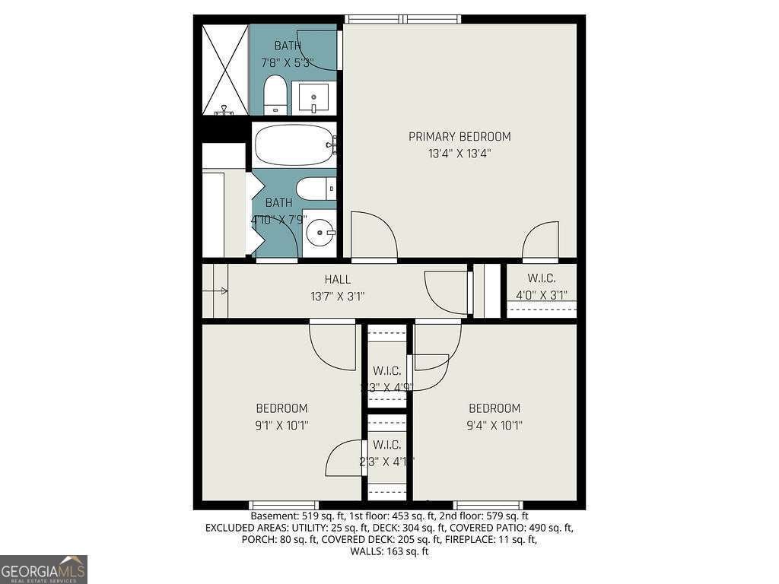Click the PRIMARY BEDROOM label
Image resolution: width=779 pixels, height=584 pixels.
click(x=459, y=137)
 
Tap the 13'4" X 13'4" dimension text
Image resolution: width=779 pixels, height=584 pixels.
click(x=459, y=153)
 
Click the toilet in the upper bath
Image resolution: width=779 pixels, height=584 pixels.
click(x=275, y=94)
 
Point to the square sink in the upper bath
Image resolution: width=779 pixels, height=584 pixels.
click(x=313, y=97)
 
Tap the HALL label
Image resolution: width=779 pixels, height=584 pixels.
click(x=337, y=280)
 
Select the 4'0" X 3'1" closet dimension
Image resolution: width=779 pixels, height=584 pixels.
click(x=542, y=296)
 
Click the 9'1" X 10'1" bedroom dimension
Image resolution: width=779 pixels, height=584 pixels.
click(x=281, y=425)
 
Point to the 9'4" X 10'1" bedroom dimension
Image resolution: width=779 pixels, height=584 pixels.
click(x=494, y=425)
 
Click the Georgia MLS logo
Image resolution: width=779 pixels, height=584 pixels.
click(x=43, y=569)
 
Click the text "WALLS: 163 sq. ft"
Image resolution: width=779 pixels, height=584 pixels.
click(x=389, y=551)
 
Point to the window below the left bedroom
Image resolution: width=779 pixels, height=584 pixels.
click(x=284, y=505)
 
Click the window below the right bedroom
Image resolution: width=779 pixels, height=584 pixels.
click(x=488, y=505)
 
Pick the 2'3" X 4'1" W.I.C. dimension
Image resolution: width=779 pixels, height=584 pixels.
click(x=386, y=461)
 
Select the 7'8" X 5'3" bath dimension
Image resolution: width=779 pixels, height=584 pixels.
click(x=288, y=62)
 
